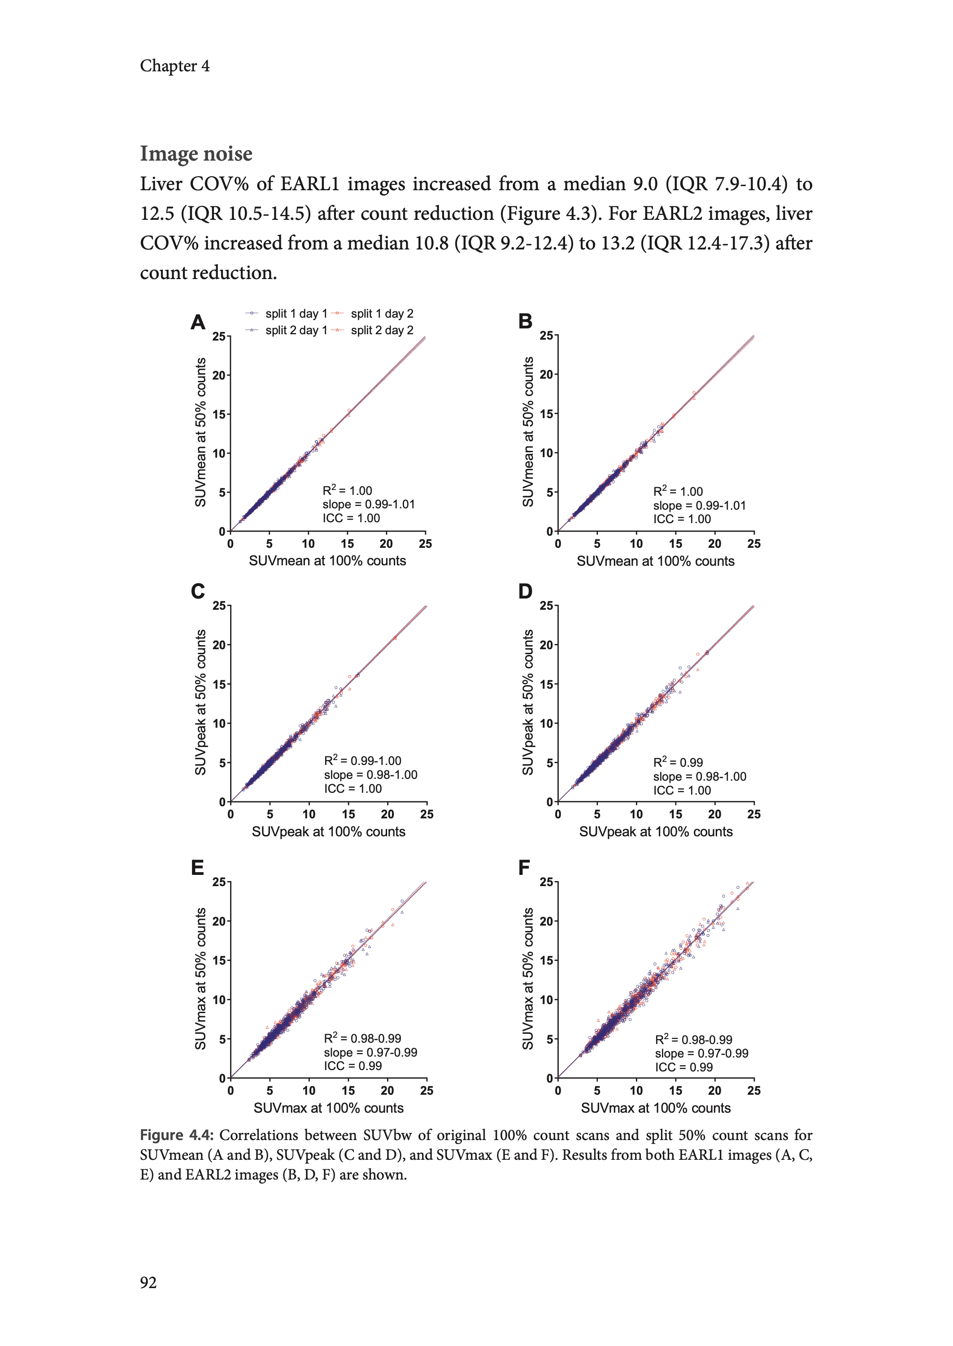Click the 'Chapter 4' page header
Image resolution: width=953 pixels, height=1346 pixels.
(174, 66)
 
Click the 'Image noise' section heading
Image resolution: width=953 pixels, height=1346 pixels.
(196, 154)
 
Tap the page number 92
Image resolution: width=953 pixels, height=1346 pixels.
(148, 1282)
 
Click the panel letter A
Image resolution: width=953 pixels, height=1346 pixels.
(198, 322)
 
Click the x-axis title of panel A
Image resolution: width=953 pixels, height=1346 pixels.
(327, 560)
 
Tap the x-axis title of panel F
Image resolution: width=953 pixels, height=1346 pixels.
(656, 1108)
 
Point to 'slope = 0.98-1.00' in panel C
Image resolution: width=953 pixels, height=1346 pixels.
(370, 775)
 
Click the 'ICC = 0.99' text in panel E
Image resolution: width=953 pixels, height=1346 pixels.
(352, 1066)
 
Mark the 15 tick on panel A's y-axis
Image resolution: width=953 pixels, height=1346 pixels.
(219, 415)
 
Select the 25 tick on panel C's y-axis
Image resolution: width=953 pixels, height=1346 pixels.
(219, 605)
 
